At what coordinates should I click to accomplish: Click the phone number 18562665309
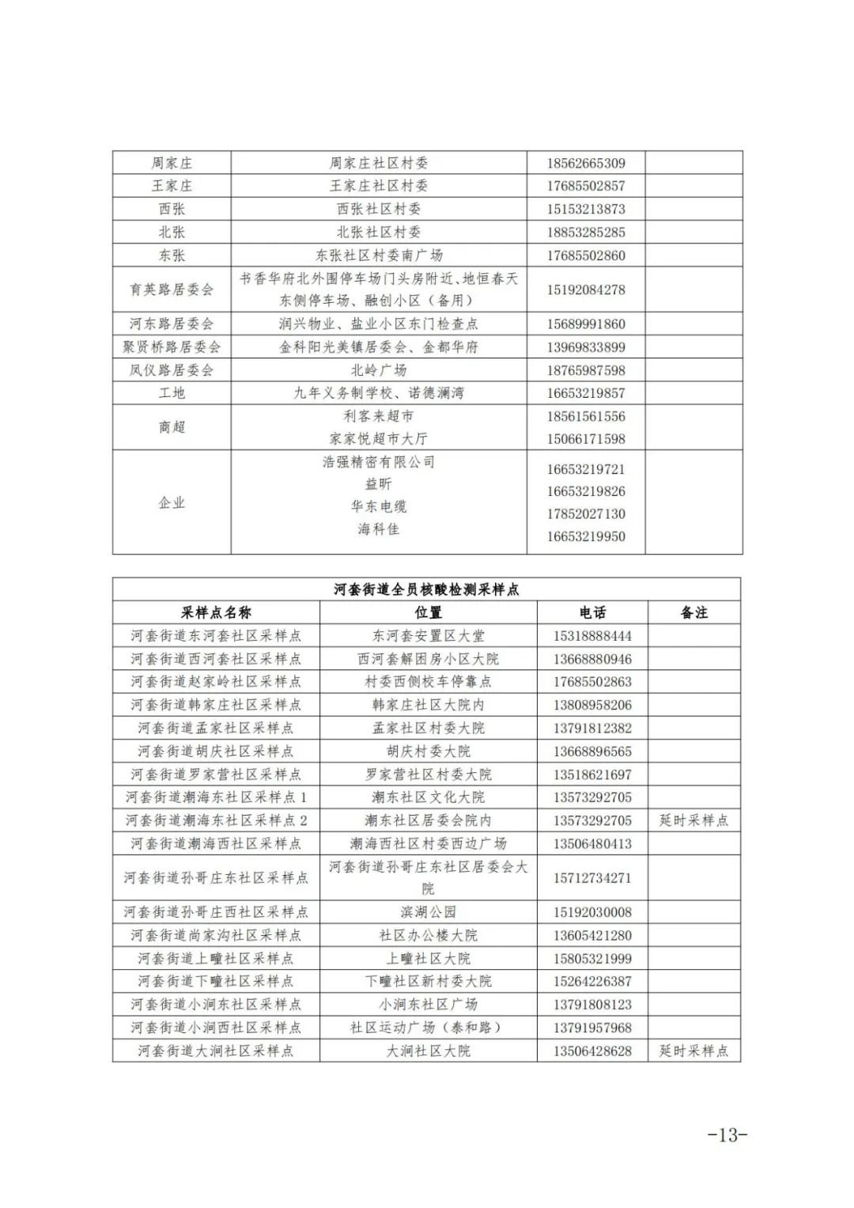(586, 163)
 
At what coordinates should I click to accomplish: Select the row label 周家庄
(172, 163)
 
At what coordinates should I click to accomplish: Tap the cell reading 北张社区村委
(379, 232)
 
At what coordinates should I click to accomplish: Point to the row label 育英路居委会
(172, 290)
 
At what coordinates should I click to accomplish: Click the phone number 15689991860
(586, 324)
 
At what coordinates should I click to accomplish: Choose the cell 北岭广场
(379, 370)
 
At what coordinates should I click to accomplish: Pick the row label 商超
(172, 427)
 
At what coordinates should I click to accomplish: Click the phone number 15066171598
(586, 438)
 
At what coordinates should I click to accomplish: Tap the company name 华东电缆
(379, 506)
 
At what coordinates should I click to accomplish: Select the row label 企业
(172, 502)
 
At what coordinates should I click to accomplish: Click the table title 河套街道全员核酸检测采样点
(426, 589)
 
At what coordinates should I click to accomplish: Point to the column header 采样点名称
(216, 612)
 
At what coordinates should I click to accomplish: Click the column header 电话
(592, 612)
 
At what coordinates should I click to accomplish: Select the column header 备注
(694, 612)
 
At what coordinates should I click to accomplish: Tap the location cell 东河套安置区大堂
(428, 635)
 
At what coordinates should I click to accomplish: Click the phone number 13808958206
(592, 705)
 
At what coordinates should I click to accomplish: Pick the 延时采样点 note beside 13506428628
(694, 1051)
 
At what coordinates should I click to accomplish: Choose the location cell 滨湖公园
(428, 912)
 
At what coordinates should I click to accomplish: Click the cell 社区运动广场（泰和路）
(428, 1028)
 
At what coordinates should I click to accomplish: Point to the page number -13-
(727, 1134)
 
